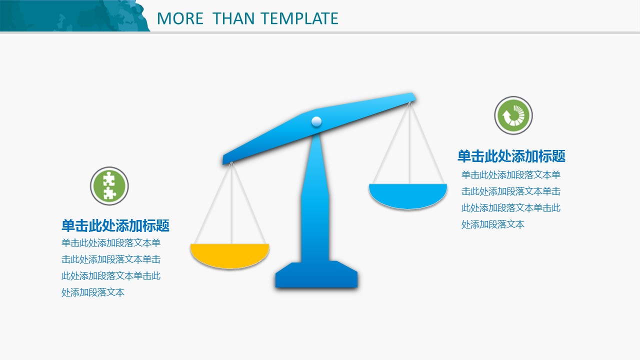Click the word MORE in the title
tap(180, 18)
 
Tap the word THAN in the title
tap(233, 18)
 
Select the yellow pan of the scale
tap(229, 255)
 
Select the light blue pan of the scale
tap(408, 196)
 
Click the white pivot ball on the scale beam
tap(316, 121)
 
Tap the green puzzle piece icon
tap(109, 186)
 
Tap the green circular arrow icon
tap(513, 115)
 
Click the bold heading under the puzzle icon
tap(115, 225)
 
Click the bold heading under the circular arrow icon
tap(511, 156)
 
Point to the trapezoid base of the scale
tap(316, 274)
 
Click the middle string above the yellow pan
tap(231, 203)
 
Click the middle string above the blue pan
tap(409, 143)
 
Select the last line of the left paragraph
tap(93, 292)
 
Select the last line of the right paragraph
tap(493, 224)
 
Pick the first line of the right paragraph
tap(511, 175)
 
